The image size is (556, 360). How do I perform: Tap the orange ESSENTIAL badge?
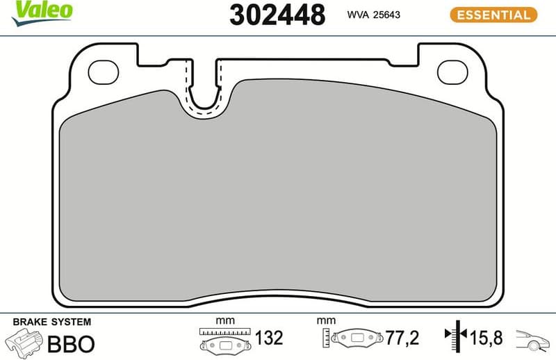[x=493, y=14]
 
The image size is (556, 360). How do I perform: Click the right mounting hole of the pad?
[x=452, y=70]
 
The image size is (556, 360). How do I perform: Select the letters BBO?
[x=69, y=344]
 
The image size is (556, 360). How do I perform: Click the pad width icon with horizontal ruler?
[x=224, y=341]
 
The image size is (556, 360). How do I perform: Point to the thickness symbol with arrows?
[x=455, y=339]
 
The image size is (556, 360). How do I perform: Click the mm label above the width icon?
[x=224, y=321]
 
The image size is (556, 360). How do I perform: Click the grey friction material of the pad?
[x=278, y=195]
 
